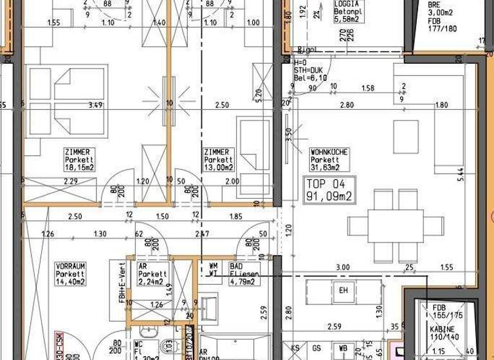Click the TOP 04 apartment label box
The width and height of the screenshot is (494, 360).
click(329, 190)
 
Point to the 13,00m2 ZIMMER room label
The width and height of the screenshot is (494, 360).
click(218, 160)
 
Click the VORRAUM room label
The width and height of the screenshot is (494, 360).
click(71, 273)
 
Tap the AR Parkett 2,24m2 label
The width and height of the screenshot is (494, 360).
click(152, 273)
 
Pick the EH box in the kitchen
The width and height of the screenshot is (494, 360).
click(344, 291)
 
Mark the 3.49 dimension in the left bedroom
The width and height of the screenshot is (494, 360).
click(95, 105)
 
